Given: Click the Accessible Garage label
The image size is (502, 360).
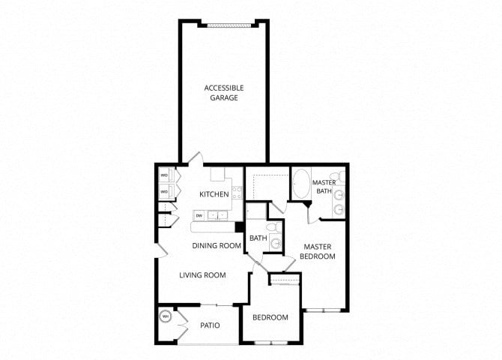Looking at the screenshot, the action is click(x=224, y=93).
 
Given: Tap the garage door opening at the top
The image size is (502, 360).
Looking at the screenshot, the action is click(x=228, y=25).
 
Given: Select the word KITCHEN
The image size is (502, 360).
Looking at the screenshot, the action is click(x=214, y=194).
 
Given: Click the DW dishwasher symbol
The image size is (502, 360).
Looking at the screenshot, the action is click(x=199, y=216).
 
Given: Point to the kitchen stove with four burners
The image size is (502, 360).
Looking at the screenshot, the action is click(x=238, y=193).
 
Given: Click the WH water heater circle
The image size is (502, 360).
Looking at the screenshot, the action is click(x=166, y=316).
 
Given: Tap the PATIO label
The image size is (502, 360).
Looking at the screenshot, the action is click(x=210, y=325).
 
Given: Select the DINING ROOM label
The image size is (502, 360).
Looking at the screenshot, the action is click(x=217, y=246).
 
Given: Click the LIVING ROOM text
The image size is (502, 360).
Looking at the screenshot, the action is click(x=202, y=275).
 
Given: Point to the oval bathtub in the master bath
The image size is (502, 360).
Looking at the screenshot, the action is click(x=301, y=183).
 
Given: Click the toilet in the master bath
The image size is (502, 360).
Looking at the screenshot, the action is click(x=338, y=176).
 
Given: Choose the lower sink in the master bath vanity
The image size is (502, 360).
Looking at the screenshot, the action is click(x=339, y=210).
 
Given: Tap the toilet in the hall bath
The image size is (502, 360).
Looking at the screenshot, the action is click(x=274, y=227).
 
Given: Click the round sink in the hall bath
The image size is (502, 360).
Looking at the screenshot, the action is click(x=275, y=243).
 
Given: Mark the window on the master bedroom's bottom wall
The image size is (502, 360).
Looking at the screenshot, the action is click(x=323, y=310).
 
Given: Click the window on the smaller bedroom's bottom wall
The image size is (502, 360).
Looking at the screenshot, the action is click(x=270, y=343).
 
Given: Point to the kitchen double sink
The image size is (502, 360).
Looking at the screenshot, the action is click(x=217, y=215).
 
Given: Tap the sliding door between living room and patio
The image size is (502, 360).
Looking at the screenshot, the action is click(x=217, y=304).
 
